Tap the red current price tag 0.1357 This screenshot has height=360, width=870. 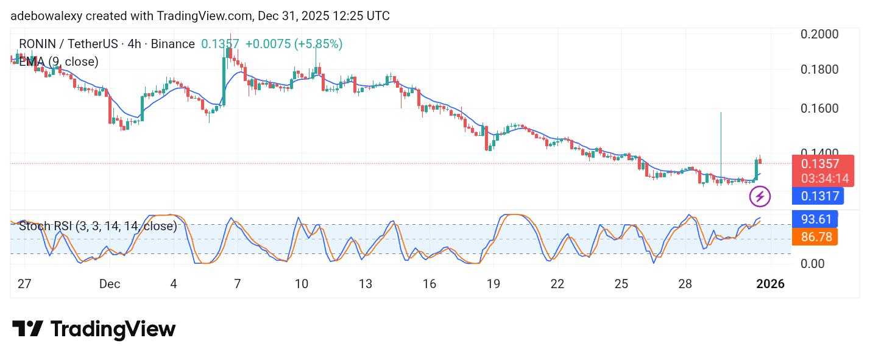820,164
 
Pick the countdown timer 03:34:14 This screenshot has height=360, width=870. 820,178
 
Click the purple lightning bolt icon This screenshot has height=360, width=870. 760,196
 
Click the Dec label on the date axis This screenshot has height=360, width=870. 110,284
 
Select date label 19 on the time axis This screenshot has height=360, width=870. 493,284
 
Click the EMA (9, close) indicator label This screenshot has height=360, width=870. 58,62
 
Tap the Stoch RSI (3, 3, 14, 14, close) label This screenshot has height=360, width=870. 98,227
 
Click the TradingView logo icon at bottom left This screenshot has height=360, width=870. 27,329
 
